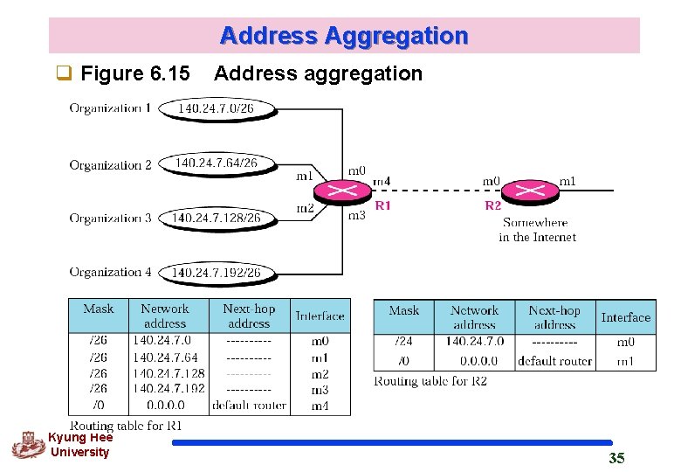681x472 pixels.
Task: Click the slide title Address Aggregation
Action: tap(344, 36)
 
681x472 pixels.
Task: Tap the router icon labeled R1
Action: tap(343, 190)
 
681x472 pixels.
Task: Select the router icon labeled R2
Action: tap(526, 190)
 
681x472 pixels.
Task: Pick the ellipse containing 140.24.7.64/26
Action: tap(216, 163)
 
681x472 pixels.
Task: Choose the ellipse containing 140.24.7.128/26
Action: tap(216, 218)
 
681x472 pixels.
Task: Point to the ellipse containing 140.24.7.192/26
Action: tap(216, 273)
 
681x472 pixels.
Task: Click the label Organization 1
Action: tap(110, 108)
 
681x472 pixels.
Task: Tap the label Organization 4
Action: tap(110, 273)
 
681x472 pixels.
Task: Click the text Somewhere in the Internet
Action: tap(538, 230)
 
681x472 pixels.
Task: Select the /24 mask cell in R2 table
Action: tap(403, 341)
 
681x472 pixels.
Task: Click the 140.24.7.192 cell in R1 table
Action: tap(169, 389)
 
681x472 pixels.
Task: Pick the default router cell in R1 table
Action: tap(249, 405)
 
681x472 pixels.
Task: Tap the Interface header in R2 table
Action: tap(625, 317)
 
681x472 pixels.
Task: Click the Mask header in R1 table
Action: tap(98, 309)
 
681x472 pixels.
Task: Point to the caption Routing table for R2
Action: tap(430, 381)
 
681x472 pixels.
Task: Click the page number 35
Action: tap(616, 458)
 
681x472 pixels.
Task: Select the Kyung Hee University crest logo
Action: tap(26, 445)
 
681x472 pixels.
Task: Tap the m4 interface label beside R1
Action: tap(382, 182)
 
